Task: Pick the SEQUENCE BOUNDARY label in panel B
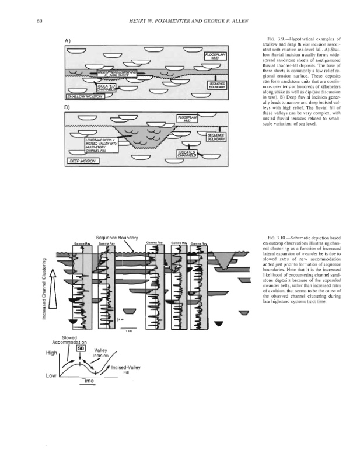(x=211, y=135)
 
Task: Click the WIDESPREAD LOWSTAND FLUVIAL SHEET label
(x=116, y=74)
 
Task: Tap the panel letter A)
(x=68, y=40)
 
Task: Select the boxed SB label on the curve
(x=81, y=348)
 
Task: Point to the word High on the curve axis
(x=44, y=353)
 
